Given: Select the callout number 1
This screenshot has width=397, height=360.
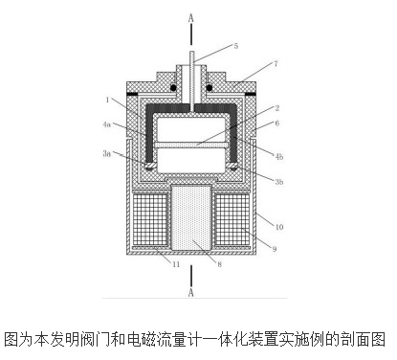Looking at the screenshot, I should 109,100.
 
